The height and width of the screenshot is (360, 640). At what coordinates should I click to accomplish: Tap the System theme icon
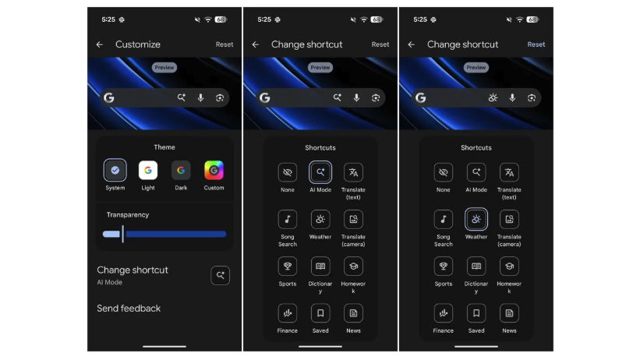(x=115, y=170)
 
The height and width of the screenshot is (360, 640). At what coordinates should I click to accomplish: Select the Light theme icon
(x=147, y=170)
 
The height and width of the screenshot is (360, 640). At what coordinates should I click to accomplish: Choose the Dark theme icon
(x=181, y=170)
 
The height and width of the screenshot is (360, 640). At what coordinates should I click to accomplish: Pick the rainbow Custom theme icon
(x=214, y=170)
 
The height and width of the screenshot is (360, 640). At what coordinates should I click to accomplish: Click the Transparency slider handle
(x=122, y=234)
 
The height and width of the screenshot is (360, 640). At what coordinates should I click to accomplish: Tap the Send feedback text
(x=129, y=309)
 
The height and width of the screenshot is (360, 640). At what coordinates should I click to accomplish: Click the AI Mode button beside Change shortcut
(x=221, y=275)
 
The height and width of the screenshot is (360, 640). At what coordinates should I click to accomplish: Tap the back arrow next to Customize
(x=100, y=44)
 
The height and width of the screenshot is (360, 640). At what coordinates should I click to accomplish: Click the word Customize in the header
(x=138, y=44)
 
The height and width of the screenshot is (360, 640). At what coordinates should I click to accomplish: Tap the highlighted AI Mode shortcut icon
(x=320, y=172)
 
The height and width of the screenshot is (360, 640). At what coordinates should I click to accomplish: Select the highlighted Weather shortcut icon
(x=476, y=220)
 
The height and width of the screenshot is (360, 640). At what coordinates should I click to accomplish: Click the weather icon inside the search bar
(x=493, y=97)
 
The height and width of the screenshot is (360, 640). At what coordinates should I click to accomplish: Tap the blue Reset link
(x=536, y=44)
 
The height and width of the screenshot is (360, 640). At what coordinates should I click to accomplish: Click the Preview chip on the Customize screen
(x=164, y=68)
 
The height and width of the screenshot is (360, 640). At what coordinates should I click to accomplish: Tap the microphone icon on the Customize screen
(x=200, y=97)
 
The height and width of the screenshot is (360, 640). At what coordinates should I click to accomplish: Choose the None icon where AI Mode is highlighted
(x=288, y=172)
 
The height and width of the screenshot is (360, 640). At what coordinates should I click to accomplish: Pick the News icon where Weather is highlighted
(x=509, y=313)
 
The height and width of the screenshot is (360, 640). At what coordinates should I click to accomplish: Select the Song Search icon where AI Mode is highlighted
(x=288, y=220)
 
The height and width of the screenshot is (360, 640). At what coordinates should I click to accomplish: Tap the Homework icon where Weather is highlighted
(x=509, y=266)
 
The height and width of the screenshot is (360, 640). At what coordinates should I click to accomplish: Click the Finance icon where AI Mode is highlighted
(x=288, y=313)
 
